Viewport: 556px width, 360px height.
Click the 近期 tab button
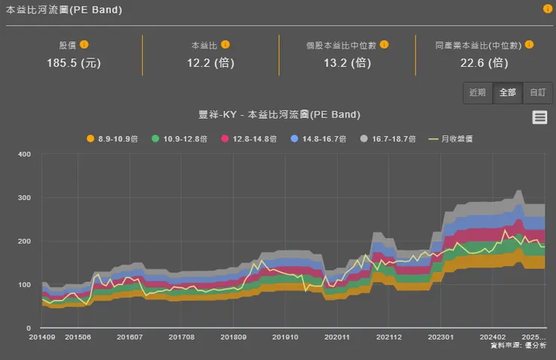[478, 92]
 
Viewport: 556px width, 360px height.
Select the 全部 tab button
[507, 92]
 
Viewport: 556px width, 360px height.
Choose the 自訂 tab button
[537, 92]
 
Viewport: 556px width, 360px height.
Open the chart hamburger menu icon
[539, 116]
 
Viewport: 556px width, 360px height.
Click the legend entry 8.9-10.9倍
[113, 139]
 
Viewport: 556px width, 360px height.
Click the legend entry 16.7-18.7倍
[385, 139]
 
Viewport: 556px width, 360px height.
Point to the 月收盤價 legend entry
[451, 139]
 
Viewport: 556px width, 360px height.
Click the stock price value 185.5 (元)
[73, 62]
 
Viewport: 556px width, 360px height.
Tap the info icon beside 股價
[84, 44]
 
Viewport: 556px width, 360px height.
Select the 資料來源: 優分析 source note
[518, 346]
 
